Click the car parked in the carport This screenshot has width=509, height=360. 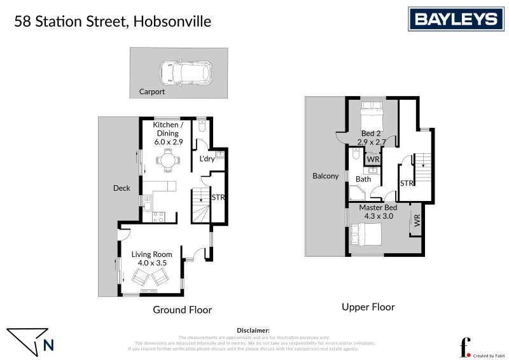[185, 73]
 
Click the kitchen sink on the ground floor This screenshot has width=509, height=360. [148, 204]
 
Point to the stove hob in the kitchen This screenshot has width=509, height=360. [158, 217]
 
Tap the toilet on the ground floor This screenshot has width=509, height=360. [201, 126]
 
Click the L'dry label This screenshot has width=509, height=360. [206, 159]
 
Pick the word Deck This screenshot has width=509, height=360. [122, 188]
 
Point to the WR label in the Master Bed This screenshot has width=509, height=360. [417, 221]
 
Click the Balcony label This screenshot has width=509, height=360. [326, 176]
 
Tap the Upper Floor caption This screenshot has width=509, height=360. [368, 307]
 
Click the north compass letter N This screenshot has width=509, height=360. [49, 346]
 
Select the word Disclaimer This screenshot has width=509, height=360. [253, 331]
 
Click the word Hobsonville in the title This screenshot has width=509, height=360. [173, 22]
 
